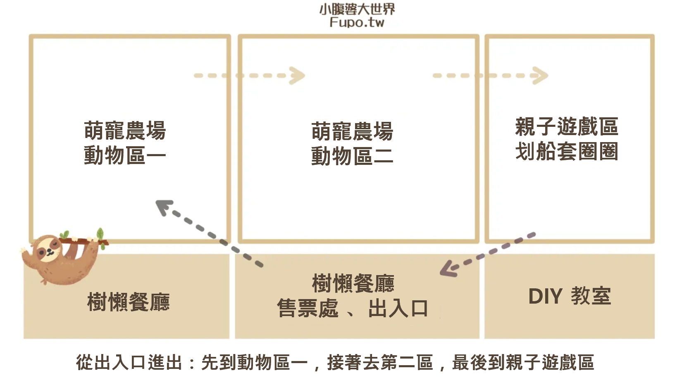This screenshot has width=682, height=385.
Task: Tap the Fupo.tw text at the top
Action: click(357, 22)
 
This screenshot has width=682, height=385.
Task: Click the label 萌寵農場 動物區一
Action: click(125, 143)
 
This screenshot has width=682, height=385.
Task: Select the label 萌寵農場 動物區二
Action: click(352, 144)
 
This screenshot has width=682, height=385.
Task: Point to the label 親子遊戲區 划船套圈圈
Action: click(566, 139)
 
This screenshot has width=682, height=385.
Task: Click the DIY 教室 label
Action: click(570, 296)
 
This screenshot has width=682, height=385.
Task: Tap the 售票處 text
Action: click(308, 309)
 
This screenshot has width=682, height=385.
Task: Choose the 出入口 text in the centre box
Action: click(398, 309)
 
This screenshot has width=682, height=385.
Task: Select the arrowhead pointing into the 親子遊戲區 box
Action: click(540, 76)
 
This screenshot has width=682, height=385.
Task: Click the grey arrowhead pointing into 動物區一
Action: click(163, 206)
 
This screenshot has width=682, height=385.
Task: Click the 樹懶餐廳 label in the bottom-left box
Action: click(128, 302)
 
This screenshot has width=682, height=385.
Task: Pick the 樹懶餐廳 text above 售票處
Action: click(353, 283)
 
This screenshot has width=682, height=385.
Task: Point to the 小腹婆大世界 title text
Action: click(357, 9)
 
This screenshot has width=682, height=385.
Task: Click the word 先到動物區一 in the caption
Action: click(254, 363)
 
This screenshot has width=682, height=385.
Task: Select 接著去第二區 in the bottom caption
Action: click(380, 363)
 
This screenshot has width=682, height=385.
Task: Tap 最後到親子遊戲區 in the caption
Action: click(523, 363)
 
